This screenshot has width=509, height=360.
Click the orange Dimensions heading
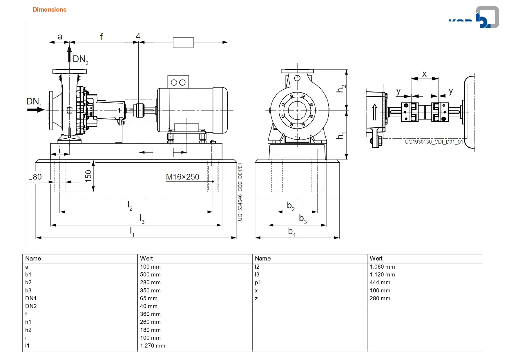click(x=49, y=10)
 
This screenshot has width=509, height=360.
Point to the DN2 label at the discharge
click(x=80, y=59)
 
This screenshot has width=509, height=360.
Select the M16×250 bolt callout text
click(x=182, y=177)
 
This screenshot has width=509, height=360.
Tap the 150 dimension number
click(x=88, y=176)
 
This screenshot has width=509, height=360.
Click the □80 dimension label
click(x=35, y=177)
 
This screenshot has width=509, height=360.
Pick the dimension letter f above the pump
click(x=101, y=37)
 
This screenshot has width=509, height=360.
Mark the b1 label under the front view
click(x=292, y=231)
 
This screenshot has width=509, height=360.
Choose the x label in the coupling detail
click(x=424, y=74)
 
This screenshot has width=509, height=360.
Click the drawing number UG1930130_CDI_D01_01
click(x=434, y=142)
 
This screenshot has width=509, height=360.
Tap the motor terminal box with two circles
click(x=178, y=82)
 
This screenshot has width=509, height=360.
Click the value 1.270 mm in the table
click(x=153, y=345)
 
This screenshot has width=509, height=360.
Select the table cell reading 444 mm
click(x=380, y=282)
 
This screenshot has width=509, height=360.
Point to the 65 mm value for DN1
click(x=149, y=298)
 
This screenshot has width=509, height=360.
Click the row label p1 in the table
click(x=258, y=282)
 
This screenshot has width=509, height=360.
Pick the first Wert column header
click(x=146, y=258)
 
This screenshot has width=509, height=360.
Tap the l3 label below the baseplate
click(x=142, y=219)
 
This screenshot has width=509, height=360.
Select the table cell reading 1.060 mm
click(x=382, y=267)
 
